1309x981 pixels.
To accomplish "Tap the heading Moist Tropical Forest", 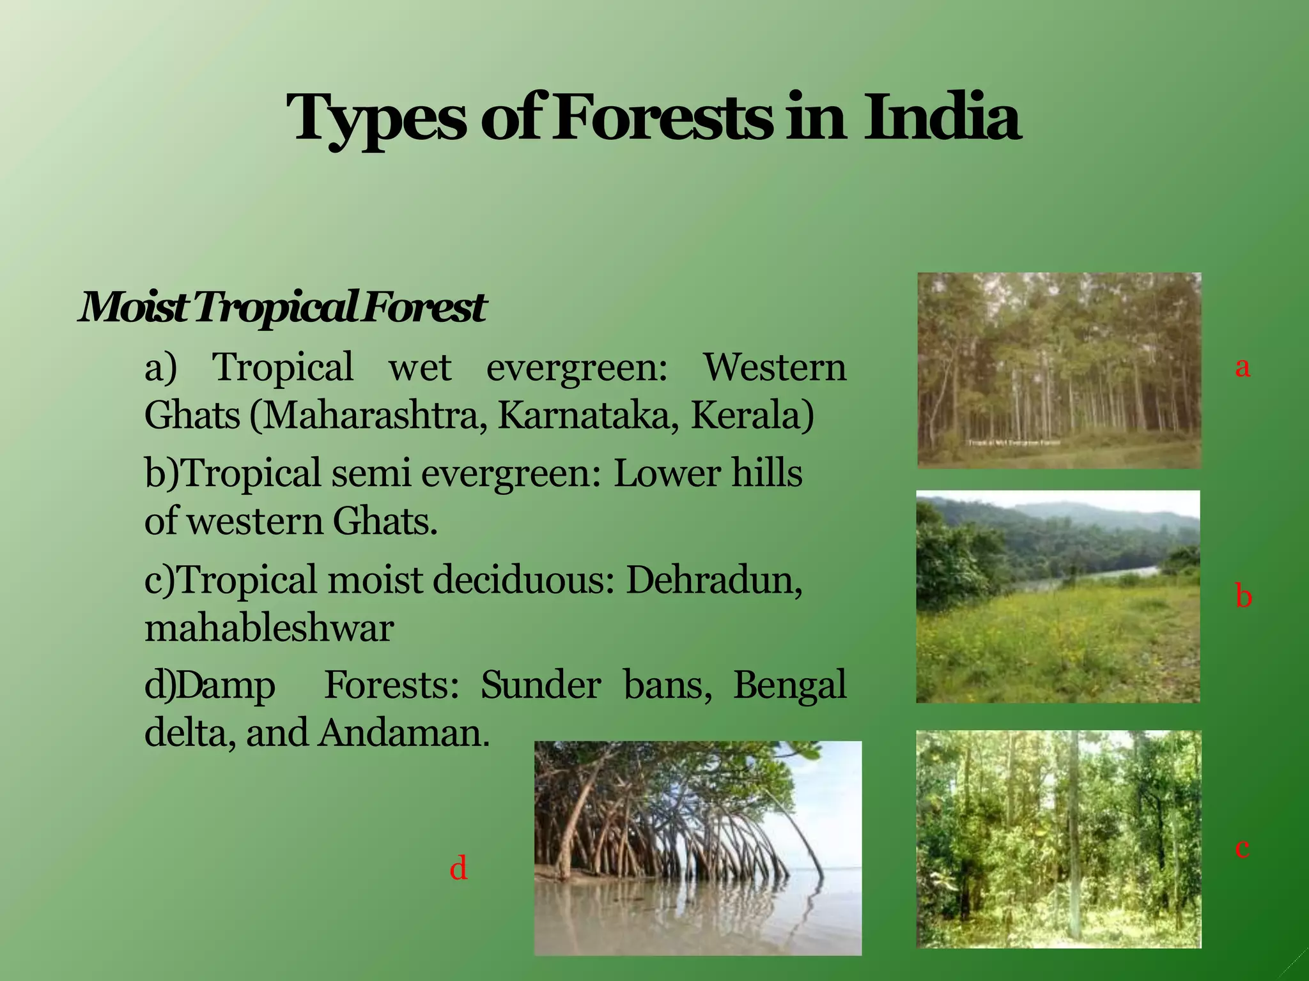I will (282, 307).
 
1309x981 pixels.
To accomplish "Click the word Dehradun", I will (713, 580).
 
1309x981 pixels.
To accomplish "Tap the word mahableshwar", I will (268, 628).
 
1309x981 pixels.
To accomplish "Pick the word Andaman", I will (404, 733).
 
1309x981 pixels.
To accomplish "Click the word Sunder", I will (540, 685).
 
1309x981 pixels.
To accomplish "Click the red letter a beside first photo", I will (1242, 367).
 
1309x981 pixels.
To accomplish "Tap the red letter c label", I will (1242, 848).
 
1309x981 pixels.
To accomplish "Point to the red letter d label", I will (458, 869).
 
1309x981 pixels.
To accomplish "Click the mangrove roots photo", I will (697, 848).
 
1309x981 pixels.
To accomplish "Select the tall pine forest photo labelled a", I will (1059, 370).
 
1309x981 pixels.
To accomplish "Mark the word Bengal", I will (789, 685).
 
